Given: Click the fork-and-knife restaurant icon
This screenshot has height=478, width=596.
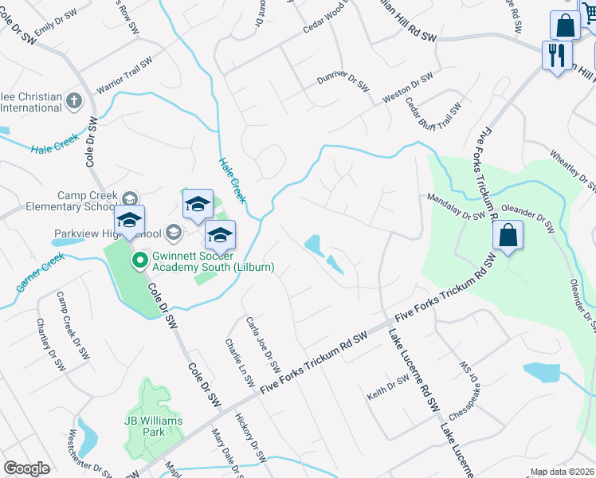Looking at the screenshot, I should click(556, 55).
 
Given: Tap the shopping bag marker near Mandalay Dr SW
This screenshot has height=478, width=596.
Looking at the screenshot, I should click(507, 236).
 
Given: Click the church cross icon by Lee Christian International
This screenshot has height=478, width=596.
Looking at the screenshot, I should click(73, 101).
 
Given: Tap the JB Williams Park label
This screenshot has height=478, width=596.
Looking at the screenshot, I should click(153, 426).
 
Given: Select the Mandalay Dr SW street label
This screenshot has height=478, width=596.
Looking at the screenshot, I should click(457, 206).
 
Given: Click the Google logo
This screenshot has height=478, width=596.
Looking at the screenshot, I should click(27, 468).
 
